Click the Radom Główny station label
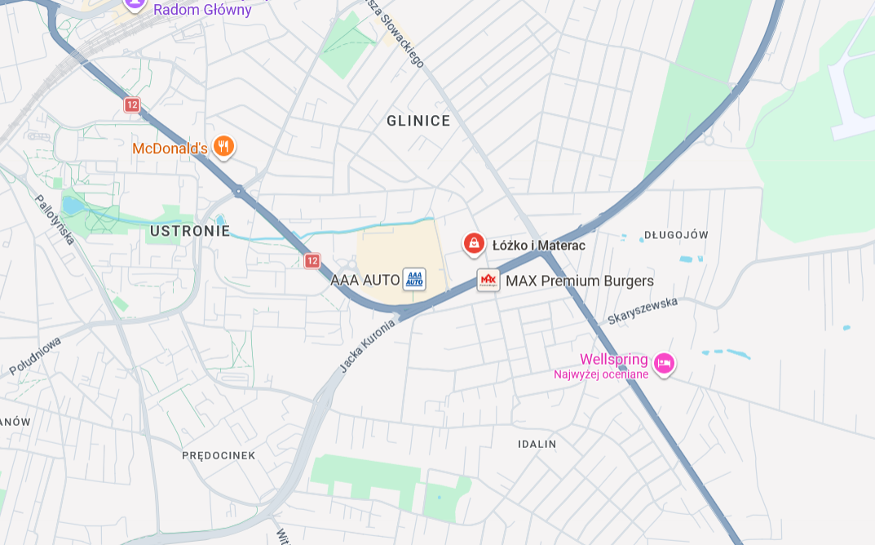coord(202,10)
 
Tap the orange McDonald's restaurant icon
coord(223,147)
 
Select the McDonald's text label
coord(170,148)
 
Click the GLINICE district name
coord(418,121)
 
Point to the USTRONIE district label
coord(190,231)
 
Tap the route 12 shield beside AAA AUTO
coord(312,260)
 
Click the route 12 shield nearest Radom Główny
coord(132,104)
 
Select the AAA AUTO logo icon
coord(415,279)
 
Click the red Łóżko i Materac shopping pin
coord(474,243)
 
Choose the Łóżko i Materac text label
coord(539,245)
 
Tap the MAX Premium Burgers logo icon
coord(488,280)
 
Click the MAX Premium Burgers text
coord(580,281)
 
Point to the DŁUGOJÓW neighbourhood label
coord(676,235)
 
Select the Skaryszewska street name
coord(643,311)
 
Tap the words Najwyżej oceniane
coord(601,374)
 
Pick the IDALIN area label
coord(537,445)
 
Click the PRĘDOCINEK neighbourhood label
coord(219,455)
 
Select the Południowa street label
coord(36,356)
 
